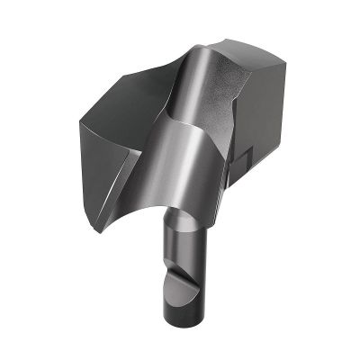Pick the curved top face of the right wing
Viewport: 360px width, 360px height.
coord(247,67)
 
